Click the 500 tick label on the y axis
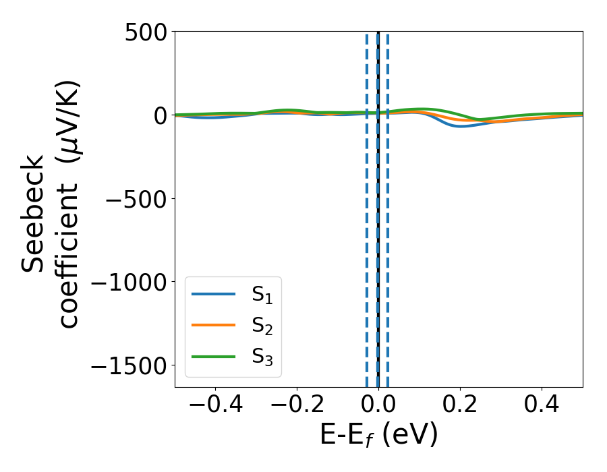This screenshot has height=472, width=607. (x=144, y=32)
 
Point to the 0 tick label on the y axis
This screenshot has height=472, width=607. (x=158, y=115)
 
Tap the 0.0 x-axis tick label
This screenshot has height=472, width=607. (x=378, y=406)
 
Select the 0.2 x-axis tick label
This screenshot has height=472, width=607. (x=460, y=406)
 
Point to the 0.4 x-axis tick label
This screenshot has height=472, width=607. (x=542, y=406)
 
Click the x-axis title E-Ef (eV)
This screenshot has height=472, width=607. (x=378, y=436)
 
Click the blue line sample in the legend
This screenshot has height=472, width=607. (x=213, y=294)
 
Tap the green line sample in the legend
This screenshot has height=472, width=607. (x=213, y=356)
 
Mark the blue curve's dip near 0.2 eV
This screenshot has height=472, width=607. (x=461, y=126)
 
